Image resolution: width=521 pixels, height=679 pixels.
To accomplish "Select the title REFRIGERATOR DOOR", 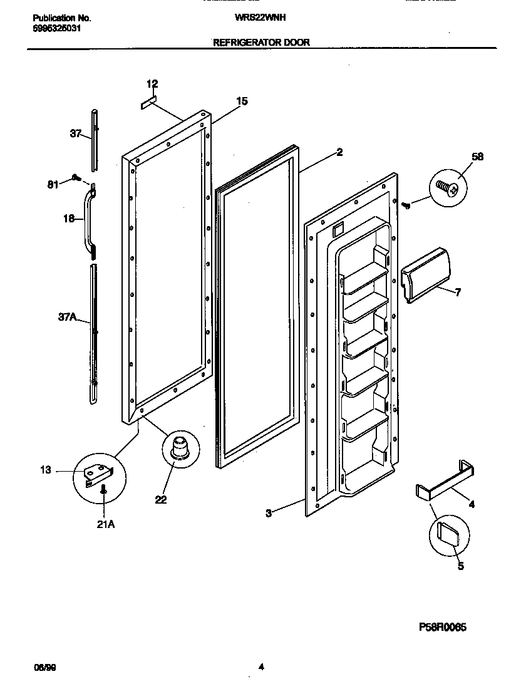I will (x=261, y=43).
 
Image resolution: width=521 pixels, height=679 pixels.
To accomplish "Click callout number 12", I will (x=152, y=84).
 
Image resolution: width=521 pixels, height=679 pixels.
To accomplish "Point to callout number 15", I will (x=242, y=101).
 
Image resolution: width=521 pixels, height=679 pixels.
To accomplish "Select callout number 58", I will (x=477, y=157).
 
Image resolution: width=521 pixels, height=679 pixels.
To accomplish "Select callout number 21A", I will (x=105, y=524).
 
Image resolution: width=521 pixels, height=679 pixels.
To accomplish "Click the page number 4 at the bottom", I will (x=261, y=667).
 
